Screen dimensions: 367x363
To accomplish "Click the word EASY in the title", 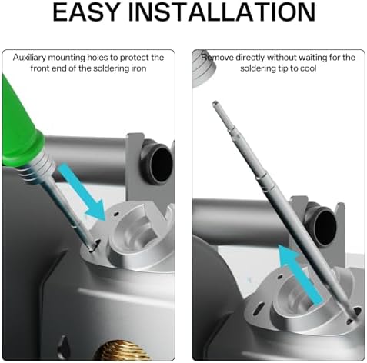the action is (x=86, y=12).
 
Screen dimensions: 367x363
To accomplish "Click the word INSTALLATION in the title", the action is (x=222, y=12).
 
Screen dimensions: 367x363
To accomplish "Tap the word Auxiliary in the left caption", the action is (x=29, y=58).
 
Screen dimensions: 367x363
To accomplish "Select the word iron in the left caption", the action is (x=138, y=68).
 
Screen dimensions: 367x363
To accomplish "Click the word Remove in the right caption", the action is (x=217, y=58).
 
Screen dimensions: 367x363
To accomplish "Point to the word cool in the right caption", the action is (x=308, y=68).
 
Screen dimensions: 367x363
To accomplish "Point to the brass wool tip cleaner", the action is (x=121, y=351).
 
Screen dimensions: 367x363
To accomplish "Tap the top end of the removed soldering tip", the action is (x=215, y=103).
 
